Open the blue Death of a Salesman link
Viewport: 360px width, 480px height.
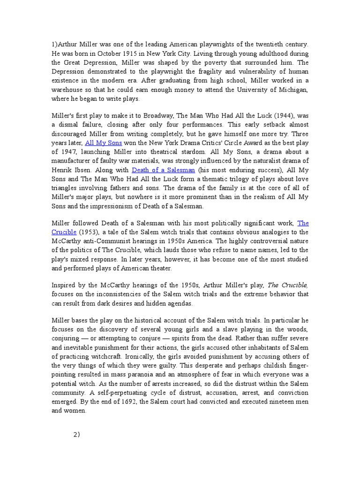click(x=163, y=170)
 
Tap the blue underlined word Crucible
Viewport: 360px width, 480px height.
click(x=63, y=232)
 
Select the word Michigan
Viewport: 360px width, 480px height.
click(x=291, y=90)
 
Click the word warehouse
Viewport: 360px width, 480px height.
click(x=69, y=90)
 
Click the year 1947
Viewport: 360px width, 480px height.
click(x=68, y=152)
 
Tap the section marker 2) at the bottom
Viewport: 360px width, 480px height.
click(x=77, y=434)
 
